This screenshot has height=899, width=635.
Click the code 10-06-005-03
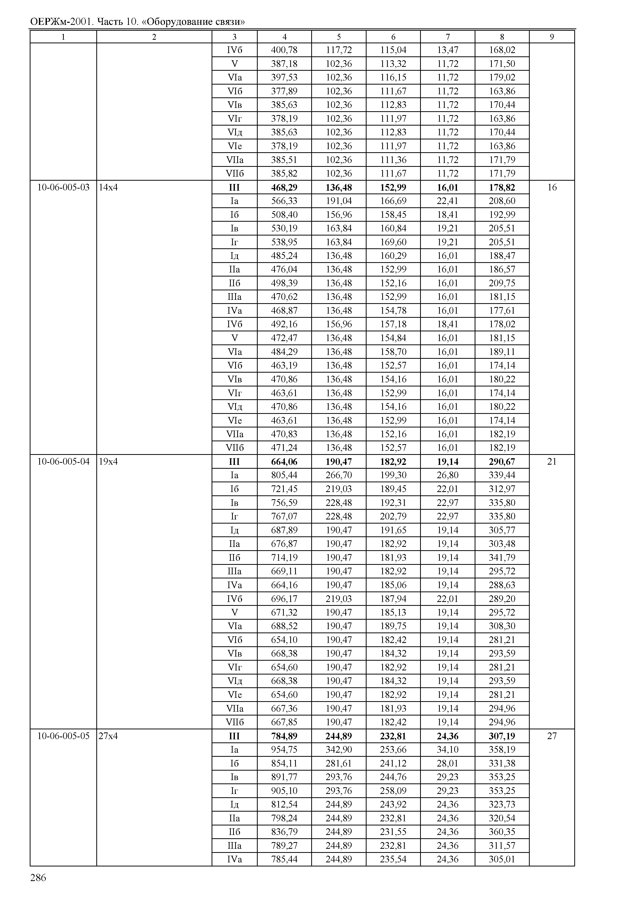point(63,188)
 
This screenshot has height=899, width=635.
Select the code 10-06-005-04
point(63,462)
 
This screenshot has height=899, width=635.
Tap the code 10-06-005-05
point(63,736)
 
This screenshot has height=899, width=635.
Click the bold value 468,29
point(284,188)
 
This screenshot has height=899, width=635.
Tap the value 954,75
point(284,750)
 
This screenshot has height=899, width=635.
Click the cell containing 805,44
point(284,475)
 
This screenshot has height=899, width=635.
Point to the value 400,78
point(284,50)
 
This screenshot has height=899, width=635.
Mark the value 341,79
point(502,558)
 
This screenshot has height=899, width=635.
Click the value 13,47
point(447,50)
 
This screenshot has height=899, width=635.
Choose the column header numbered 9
point(552,37)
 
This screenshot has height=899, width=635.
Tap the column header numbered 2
point(154,37)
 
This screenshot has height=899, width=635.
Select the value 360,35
point(502,832)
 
